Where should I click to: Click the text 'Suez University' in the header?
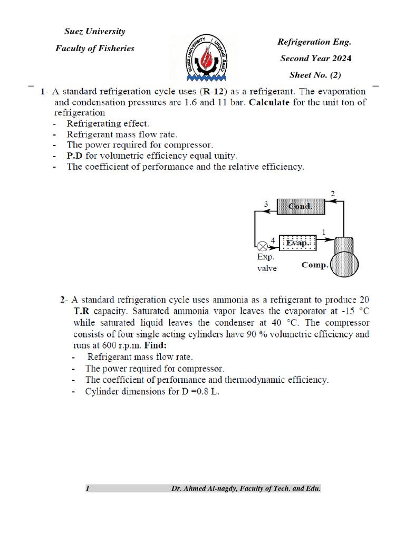click(95, 32)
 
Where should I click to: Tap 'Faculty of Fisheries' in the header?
click(95, 49)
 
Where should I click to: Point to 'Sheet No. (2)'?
click(315, 75)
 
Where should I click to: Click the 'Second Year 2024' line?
click(315, 59)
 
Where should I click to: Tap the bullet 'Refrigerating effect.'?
click(108, 124)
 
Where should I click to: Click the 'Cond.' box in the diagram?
click(300, 206)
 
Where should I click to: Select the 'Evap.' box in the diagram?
click(297, 243)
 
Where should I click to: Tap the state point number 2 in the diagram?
click(332, 194)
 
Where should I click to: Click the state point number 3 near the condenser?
click(267, 204)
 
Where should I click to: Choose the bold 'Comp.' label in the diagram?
click(314, 265)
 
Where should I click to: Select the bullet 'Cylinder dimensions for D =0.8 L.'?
click(152, 392)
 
